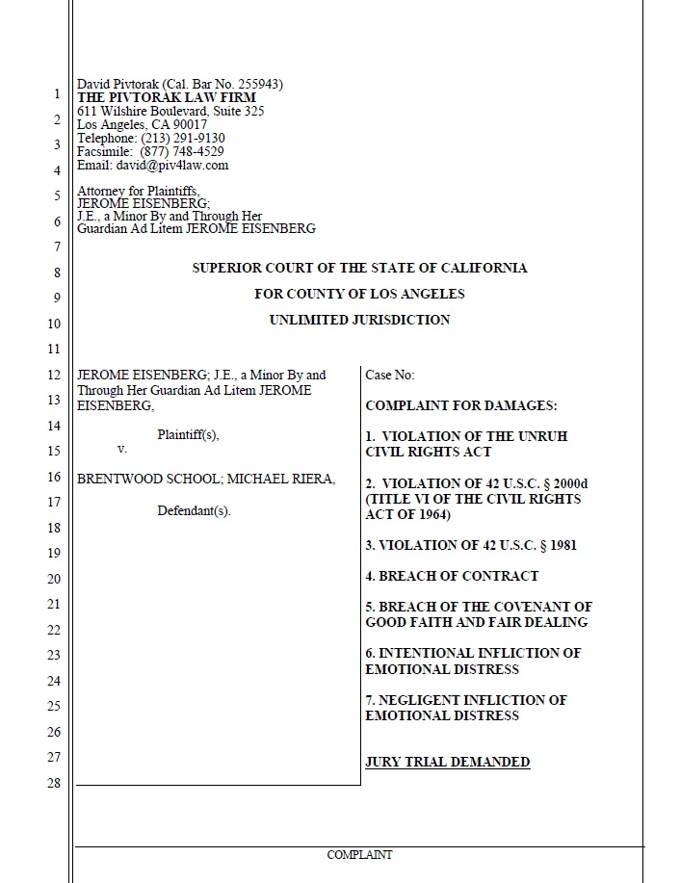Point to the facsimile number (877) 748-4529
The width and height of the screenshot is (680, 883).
click(x=182, y=152)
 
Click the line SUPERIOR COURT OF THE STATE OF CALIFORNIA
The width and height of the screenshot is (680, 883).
click(x=359, y=269)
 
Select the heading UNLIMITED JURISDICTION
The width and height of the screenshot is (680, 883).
click(x=359, y=320)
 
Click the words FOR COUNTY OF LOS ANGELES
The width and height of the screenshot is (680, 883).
click(x=359, y=294)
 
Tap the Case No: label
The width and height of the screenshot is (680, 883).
click(x=390, y=376)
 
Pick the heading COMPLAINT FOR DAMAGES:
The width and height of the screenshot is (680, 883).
click(x=461, y=406)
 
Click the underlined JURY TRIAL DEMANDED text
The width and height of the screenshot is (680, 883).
click(x=448, y=763)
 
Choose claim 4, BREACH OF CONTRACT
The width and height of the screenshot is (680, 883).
click(x=452, y=576)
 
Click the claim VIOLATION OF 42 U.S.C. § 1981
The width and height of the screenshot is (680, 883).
click(x=471, y=545)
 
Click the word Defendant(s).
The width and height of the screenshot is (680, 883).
click(x=194, y=510)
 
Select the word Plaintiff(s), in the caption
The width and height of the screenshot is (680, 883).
click(x=188, y=435)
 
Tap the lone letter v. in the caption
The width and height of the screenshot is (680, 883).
click(x=121, y=449)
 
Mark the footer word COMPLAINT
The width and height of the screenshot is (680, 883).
click(x=359, y=855)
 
